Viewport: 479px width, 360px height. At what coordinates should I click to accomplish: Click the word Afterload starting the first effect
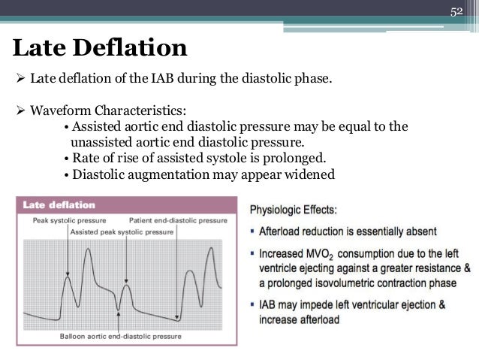286,233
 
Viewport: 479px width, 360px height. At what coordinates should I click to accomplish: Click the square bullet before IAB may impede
254,305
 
